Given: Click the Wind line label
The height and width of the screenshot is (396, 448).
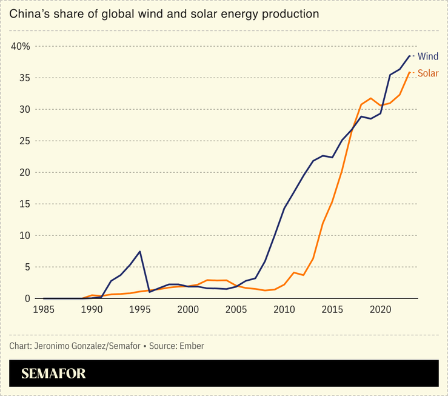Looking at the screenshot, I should tap(428, 56).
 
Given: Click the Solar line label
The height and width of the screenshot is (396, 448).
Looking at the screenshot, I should tap(428, 73).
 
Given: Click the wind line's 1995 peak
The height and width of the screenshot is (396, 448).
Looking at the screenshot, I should tap(140, 252).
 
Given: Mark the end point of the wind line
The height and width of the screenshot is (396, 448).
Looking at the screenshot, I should tap(409, 56).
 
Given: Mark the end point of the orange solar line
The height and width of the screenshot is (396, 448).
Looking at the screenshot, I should tap(409, 73).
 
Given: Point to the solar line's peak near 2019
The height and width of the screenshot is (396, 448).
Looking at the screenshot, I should tap(370, 98).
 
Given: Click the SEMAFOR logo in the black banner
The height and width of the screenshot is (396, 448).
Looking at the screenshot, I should tap(53, 374).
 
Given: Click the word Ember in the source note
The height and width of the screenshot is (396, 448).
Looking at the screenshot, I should tap(192, 346).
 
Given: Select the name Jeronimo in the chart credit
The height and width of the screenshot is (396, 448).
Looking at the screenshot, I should tap(52, 346).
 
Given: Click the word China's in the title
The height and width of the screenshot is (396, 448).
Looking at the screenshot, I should tap(27, 13).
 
